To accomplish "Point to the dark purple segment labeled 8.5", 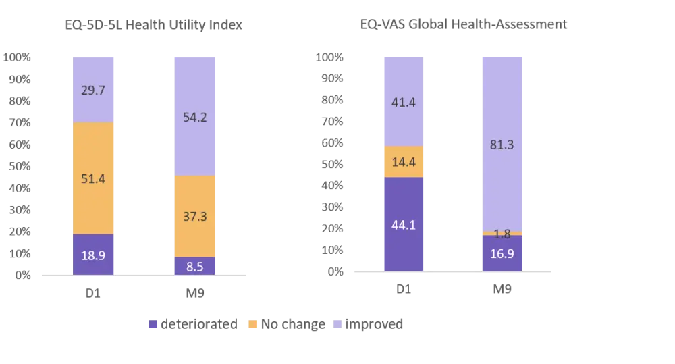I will coord(194,265).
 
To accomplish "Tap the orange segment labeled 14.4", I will coord(404,162).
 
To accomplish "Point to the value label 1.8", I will coord(502,234).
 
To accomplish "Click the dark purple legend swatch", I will coord(153,323).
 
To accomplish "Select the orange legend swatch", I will coord(254,323).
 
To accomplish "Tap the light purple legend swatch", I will coord(337,323).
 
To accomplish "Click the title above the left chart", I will coord(153,26).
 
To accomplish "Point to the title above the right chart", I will coord(464,25).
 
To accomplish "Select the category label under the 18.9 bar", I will coord(92,294).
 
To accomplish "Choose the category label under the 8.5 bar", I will coord(194,294).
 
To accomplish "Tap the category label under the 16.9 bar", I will coord(502,290).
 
